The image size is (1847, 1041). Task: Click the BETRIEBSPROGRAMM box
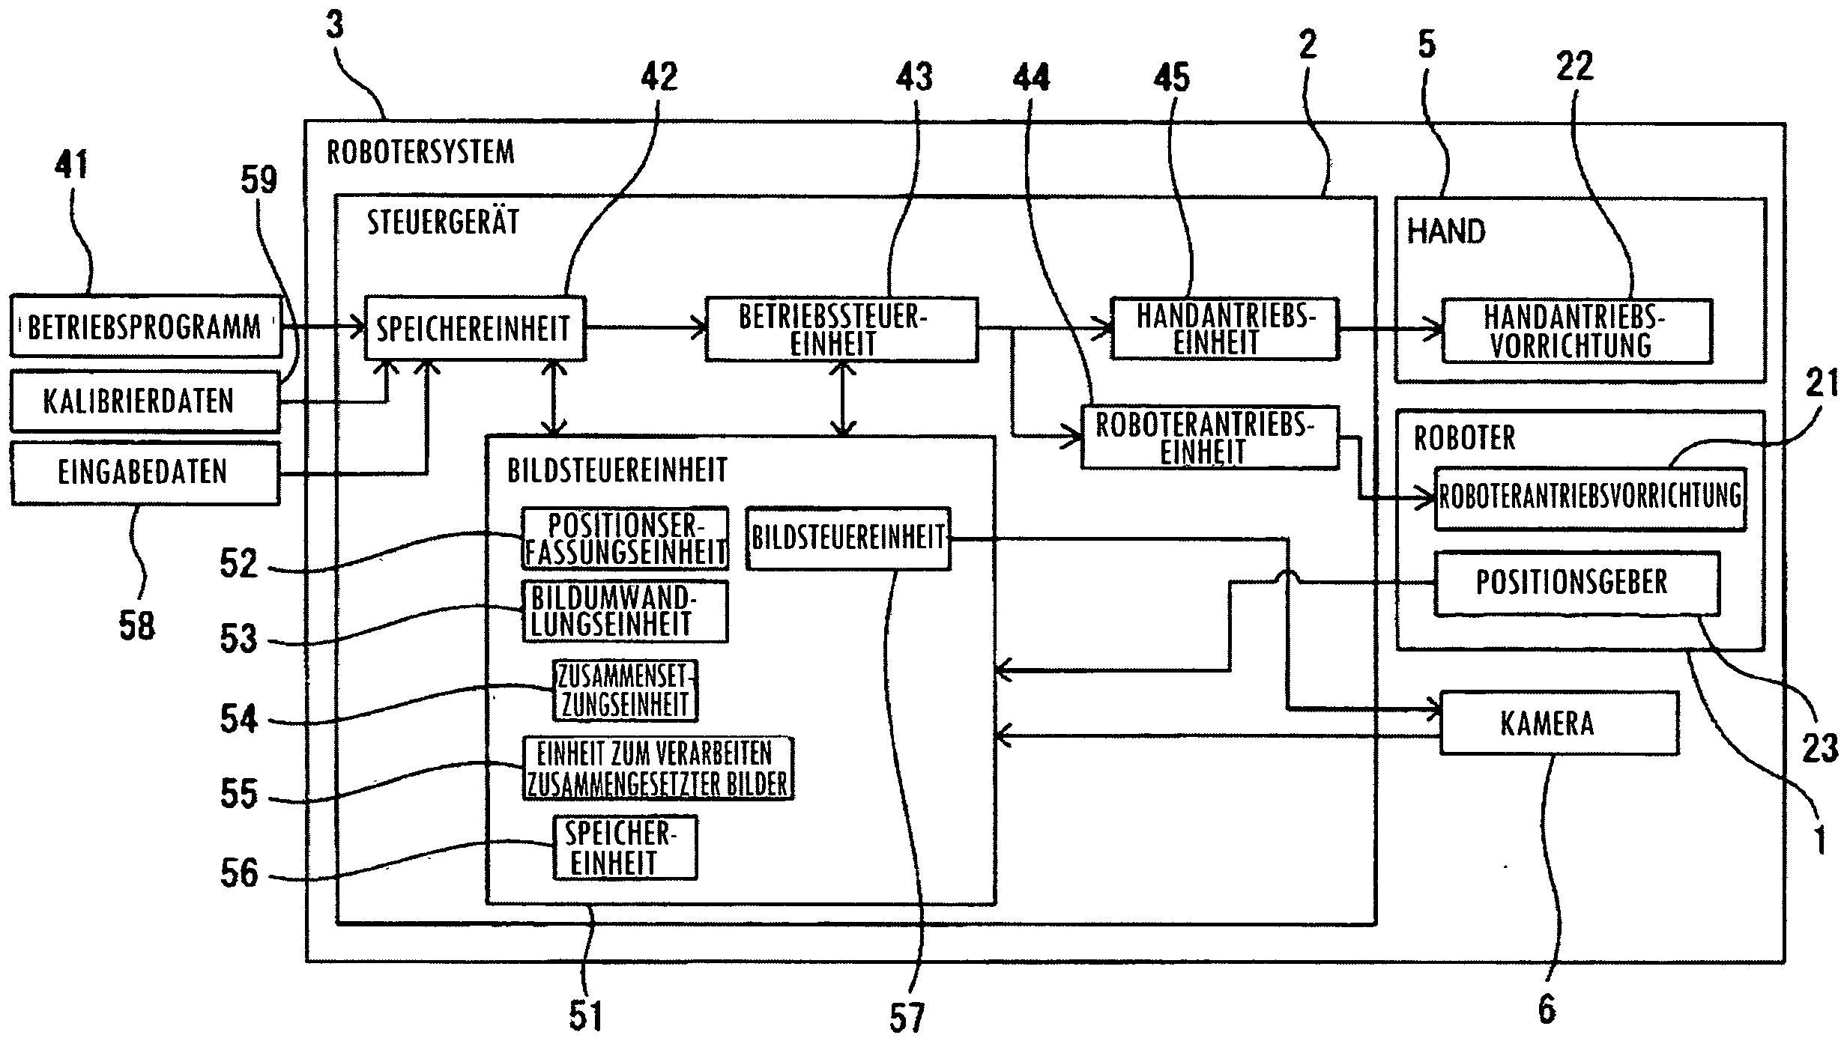click(145, 327)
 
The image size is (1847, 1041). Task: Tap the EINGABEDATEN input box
click(144, 473)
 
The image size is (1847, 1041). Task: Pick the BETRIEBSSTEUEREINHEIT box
click(841, 330)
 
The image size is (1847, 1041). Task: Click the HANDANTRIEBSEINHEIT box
click(1224, 329)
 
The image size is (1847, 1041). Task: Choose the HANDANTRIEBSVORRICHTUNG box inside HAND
click(1577, 331)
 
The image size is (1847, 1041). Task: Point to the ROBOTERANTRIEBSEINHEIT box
click(1209, 438)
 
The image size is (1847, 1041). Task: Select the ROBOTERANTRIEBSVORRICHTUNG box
click(1590, 498)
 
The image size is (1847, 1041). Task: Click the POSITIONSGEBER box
click(1576, 583)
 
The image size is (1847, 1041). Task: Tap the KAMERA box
click(1559, 723)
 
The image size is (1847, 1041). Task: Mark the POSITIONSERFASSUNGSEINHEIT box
click(625, 538)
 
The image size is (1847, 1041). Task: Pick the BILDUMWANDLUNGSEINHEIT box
click(625, 611)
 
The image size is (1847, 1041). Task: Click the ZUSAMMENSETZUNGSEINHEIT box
click(625, 691)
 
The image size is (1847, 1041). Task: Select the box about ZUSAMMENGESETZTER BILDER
click(658, 768)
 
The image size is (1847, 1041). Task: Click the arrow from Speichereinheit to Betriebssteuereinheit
click(645, 327)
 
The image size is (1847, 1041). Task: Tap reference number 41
click(71, 164)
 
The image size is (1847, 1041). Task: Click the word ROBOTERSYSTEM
click(420, 152)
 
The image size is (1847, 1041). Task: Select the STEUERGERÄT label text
click(443, 222)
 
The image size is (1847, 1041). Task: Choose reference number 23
click(1820, 747)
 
